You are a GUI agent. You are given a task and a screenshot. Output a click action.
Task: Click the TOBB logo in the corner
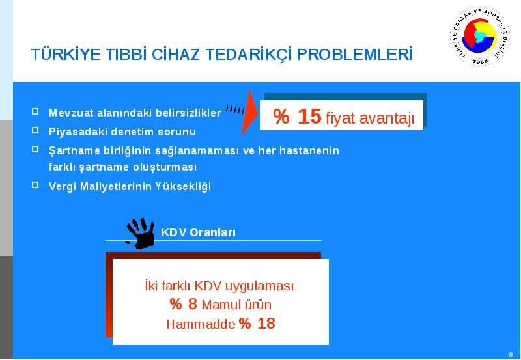tap(480, 36)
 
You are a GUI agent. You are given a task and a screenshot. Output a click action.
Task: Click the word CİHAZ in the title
tap(175, 55)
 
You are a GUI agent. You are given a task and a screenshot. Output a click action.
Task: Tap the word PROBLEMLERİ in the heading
tap(354, 55)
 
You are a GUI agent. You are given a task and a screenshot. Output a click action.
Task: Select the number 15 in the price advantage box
tap(309, 117)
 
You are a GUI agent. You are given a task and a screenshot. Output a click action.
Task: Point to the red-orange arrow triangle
tap(249, 112)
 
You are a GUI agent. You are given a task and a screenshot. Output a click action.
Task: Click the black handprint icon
tap(140, 233)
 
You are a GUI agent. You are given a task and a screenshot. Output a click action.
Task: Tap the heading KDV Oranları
tap(198, 232)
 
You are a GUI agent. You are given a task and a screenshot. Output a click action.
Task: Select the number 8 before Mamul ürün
tap(192, 304)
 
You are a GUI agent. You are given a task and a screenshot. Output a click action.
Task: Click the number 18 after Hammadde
tap(266, 323)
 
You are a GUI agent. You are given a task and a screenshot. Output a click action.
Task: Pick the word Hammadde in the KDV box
tap(201, 324)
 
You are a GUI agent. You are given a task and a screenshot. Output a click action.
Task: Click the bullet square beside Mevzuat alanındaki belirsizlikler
tap(35, 111)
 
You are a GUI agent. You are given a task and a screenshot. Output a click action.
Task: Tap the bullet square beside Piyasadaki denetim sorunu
tap(35, 130)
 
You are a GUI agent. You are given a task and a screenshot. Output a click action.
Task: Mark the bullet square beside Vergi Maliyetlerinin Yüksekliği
tap(35, 185)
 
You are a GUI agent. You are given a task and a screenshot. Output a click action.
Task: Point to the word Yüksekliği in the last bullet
tap(183, 187)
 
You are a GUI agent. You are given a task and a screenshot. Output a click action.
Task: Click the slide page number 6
tap(511, 354)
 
